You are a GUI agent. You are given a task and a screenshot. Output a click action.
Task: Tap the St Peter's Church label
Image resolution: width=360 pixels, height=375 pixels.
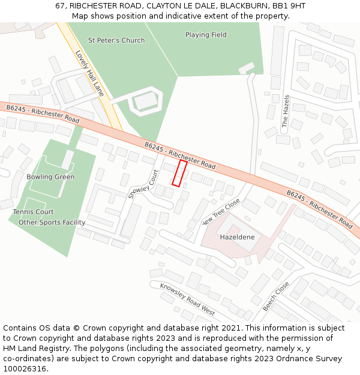coord(116,40)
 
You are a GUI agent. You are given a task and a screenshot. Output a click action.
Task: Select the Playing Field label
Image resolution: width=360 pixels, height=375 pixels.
coord(206,35)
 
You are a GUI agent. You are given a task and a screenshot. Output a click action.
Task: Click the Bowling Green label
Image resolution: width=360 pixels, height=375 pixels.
coord(50,177)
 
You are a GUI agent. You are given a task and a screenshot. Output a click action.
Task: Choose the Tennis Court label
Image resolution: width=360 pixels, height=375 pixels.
coord(33,212)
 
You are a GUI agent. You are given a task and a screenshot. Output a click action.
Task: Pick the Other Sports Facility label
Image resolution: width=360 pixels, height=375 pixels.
coord(52,223)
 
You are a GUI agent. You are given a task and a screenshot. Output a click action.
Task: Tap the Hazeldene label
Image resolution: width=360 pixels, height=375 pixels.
coord(237,237)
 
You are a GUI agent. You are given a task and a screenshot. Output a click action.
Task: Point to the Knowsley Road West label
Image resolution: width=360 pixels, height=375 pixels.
coord(187,299)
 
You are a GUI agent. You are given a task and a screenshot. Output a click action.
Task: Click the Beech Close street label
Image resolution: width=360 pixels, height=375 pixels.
coord(275,296)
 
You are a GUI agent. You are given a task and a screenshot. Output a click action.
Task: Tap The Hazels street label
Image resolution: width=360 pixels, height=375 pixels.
coord(286,111)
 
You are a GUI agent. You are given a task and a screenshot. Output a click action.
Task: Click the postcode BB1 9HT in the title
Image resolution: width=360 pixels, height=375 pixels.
coord(289,5)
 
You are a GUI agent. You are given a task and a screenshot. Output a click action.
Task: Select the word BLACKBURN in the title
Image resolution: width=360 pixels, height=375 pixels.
coord(246,5)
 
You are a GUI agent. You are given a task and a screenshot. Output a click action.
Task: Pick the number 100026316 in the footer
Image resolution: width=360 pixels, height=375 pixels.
coord(25,369)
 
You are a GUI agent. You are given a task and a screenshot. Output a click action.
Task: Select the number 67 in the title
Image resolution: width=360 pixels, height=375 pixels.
coord(60,5)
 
